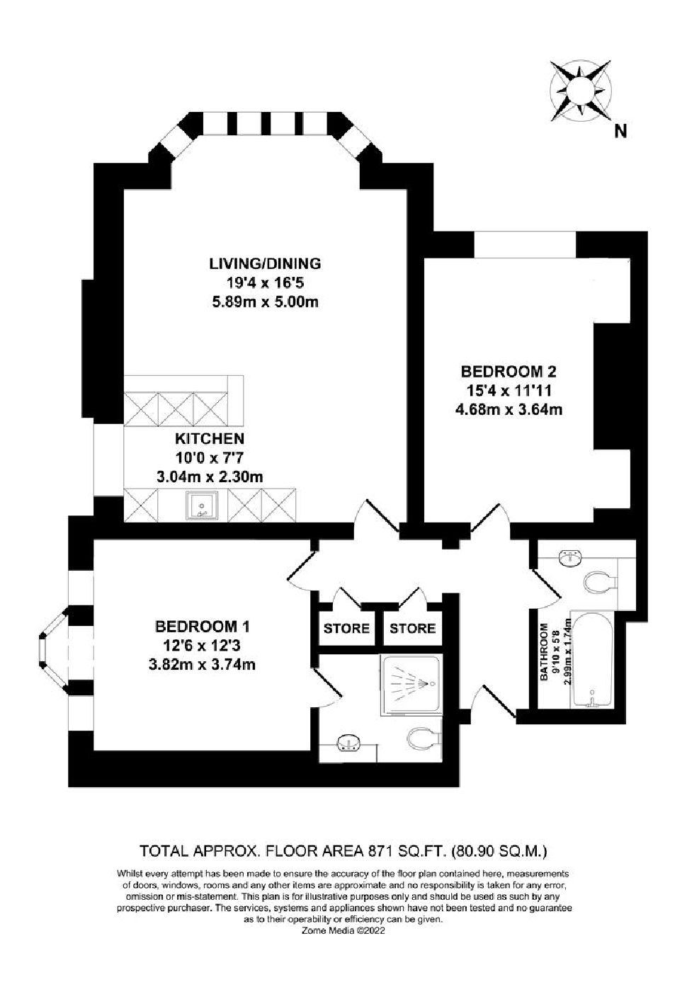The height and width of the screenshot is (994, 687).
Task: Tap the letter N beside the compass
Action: coord(620,131)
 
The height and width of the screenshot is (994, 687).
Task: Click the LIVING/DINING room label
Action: coord(265,263)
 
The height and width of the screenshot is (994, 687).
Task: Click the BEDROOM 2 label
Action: coord(509,370)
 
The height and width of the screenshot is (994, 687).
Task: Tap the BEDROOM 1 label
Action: coord(203,627)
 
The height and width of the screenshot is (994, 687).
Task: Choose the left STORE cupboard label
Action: coord(346,629)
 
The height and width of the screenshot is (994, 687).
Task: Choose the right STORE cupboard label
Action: coord(412,629)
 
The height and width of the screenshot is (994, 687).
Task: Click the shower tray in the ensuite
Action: coord(411,685)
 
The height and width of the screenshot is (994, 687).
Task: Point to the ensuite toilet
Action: coord(424,739)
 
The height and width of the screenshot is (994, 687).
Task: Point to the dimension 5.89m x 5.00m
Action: coord(265,302)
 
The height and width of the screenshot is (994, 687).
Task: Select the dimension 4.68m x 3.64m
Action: coord(509,409)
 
